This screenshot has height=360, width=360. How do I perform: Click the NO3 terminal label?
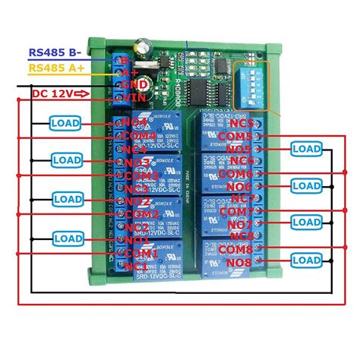137,163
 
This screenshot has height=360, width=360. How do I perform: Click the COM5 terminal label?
236,137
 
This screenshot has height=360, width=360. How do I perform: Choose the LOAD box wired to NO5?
306,149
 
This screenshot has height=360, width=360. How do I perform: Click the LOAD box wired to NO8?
306,260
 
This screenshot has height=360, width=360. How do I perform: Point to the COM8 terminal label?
236,249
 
